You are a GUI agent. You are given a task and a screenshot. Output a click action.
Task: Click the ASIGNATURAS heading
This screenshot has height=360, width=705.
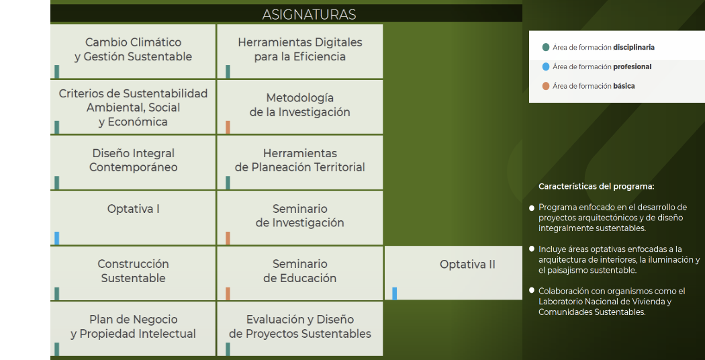coord(309,14)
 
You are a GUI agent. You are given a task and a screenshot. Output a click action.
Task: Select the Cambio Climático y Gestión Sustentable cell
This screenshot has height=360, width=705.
coord(133,50)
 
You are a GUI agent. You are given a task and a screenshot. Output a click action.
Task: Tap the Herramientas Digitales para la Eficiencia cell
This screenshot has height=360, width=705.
coord(299,50)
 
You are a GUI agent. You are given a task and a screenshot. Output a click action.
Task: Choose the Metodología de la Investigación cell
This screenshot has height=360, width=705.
coord(299,105)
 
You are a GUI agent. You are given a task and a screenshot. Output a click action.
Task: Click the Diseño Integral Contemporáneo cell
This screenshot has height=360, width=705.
coord(133,161)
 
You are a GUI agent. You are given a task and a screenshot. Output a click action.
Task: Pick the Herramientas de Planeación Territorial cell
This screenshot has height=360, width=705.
coord(299,161)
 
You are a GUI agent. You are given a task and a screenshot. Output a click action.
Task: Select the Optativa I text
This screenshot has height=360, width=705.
coord(133,209)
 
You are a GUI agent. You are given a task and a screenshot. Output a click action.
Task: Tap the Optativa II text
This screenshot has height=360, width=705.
coord(467,264)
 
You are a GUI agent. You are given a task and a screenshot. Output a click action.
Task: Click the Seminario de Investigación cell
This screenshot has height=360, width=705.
coord(299,216)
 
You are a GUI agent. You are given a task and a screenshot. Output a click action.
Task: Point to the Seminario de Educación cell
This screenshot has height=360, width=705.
coord(299,271)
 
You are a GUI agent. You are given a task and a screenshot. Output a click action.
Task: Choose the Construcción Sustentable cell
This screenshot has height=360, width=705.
coord(133,271)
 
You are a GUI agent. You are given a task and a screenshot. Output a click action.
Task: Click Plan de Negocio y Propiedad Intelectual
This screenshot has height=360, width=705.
coord(133,326)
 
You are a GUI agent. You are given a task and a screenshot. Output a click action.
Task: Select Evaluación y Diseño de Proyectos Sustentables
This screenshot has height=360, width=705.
coord(299,326)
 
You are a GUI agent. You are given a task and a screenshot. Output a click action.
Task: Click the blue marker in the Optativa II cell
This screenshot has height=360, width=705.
coord(395,294)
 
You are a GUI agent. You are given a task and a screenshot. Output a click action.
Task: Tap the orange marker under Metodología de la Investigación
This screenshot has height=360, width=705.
coord(228,127)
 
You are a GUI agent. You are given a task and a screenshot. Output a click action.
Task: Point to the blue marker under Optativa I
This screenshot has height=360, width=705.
coord(57,238)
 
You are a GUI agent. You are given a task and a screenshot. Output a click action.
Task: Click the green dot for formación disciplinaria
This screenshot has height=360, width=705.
coord(546,48)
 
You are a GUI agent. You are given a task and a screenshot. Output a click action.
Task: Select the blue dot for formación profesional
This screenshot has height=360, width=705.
coord(546,66)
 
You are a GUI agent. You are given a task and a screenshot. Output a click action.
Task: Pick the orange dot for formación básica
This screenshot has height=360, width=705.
coord(546,86)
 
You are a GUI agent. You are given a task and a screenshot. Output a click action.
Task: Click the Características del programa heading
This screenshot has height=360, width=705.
coord(596,186)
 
